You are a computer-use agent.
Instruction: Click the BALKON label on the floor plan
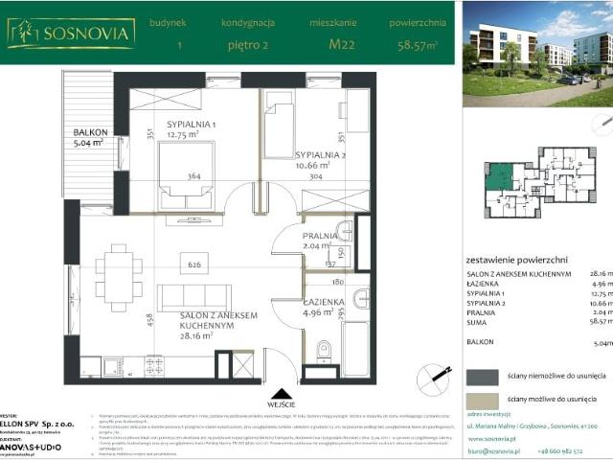[x=92, y=133]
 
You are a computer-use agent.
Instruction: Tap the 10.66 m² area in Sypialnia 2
[x=321, y=164]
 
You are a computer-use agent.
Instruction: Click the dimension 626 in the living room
[x=194, y=265]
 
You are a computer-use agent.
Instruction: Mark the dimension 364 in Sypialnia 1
[x=194, y=175]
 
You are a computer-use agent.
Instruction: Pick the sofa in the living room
[x=194, y=298]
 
